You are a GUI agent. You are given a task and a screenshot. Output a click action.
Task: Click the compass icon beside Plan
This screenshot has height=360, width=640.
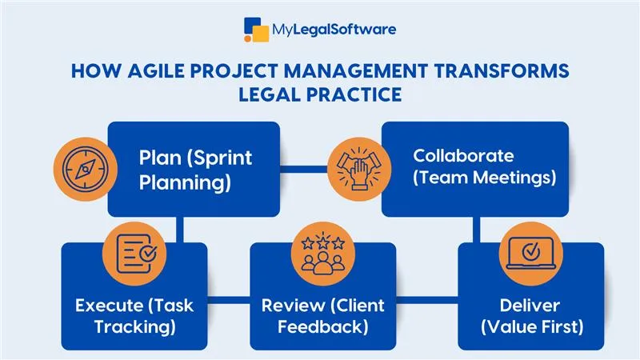click(79, 170)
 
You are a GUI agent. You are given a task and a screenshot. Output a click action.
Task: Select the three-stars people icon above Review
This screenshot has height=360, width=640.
click(322, 253)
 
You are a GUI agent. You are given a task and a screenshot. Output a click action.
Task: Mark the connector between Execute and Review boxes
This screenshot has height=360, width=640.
click(229, 301)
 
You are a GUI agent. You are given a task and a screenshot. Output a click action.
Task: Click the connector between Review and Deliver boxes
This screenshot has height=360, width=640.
click(426, 301)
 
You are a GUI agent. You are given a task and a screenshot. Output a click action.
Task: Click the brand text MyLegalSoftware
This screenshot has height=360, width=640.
click(334, 30)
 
